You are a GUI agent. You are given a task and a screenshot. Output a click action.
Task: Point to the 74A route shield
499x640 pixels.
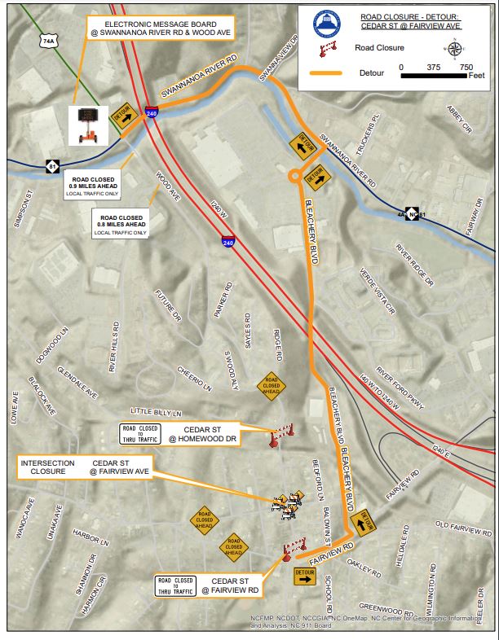pos(48,39)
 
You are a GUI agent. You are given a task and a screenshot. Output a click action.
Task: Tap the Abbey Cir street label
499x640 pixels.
pos(457,118)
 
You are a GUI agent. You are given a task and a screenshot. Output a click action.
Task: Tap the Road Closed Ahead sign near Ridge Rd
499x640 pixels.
pos(271,386)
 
